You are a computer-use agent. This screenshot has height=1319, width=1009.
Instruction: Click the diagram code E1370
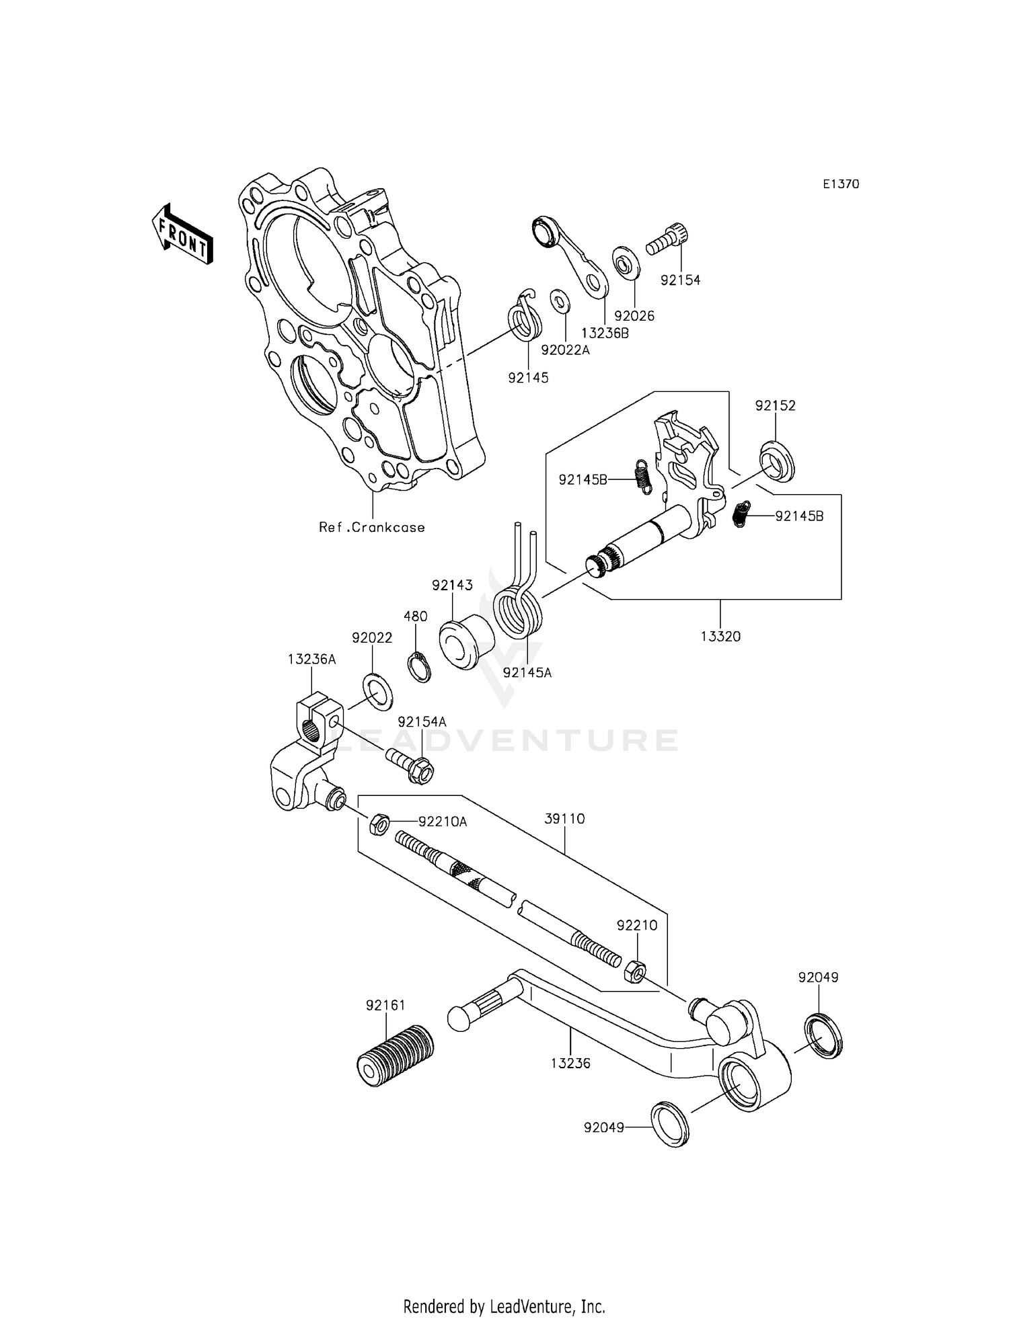[840, 184]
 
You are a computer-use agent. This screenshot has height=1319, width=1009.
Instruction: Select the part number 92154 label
[680, 280]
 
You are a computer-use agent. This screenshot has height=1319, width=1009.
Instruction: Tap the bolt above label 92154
[669, 239]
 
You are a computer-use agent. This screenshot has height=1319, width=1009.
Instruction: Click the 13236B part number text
[605, 332]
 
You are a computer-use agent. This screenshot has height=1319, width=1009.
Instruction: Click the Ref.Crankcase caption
[371, 527]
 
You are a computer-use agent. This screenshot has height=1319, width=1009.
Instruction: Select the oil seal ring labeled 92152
[777, 461]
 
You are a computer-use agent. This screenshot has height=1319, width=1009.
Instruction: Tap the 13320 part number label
[720, 636]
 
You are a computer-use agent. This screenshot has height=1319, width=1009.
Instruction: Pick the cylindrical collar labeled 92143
[466, 642]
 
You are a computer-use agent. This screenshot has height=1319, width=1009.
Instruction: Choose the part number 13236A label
[311, 659]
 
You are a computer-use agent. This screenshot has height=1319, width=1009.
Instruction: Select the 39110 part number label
[564, 819]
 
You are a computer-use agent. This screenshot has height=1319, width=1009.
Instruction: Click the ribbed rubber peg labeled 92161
[395, 1059]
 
